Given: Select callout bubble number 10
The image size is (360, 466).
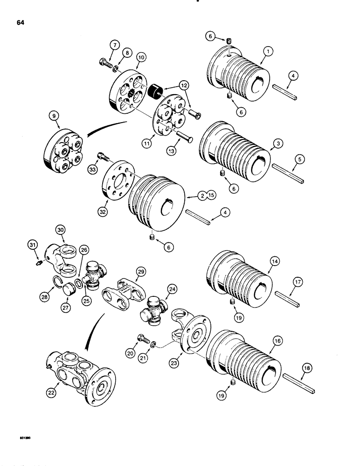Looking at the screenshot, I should click(x=140, y=57).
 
